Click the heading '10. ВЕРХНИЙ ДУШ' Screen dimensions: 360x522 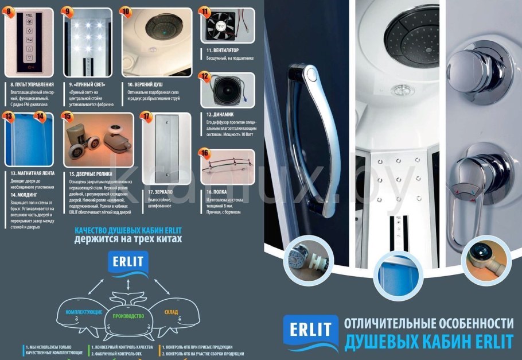click(x=141, y=84)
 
